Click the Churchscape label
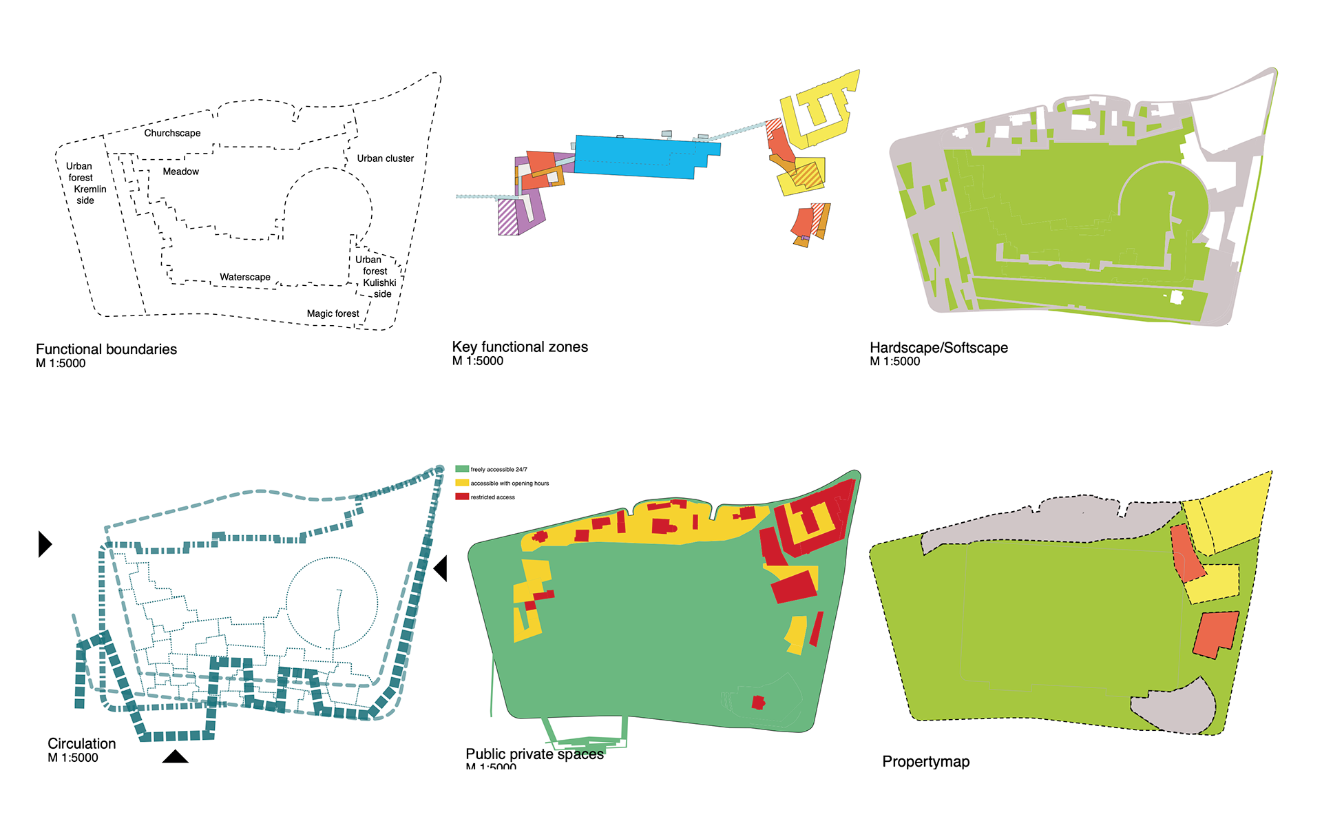pyautogui.click(x=172, y=133)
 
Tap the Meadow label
pyautogui.click(x=180, y=172)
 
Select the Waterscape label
pyautogui.click(x=245, y=277)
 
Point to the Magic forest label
pyautogui.click(x=333, y=313)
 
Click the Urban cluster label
pyautogui.click(x=385, y=158)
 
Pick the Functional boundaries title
pyautogui.click(x=106, y=349)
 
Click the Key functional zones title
pyautogui.click(x=520, y=346)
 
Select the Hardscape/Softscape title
pyautogui.click(x=938, y=348)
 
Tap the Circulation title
pyautogui.click(x=81, y=744)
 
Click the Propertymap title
pyautogui.click(x=925, y=761)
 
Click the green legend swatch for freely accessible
pyautogui.click(x=462, y=469)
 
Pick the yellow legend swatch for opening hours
pyautogui.click(x=462, y=483)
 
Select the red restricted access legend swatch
pyautogui.click(x=462, y=497)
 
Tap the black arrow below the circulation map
pyautogui.click(x=175, y=757)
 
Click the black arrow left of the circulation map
pyautogui.click(x=44, y=544)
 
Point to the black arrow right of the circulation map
pyautogui.click(x=441, y=568)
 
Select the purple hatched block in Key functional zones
pyautogui.click(x=508, y=217)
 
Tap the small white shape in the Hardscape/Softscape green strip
pyautogui.click(x=1177, y=298)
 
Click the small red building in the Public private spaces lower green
pyautogui.click(x=758, y=703)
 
